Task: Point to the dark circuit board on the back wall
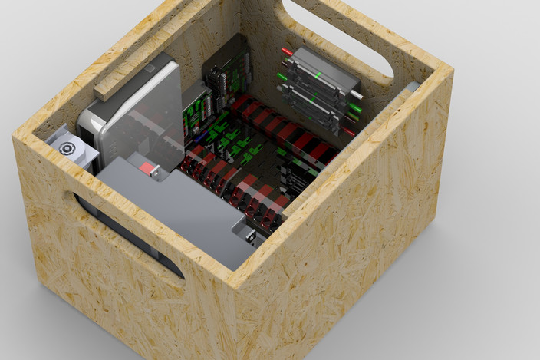(x=227, y=77)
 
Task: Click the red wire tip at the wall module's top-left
(x=287, y=52)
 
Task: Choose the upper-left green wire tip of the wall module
(x=282, y=74)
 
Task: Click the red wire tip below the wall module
(x=347, y=131)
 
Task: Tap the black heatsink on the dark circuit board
(x=218, y=80)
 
